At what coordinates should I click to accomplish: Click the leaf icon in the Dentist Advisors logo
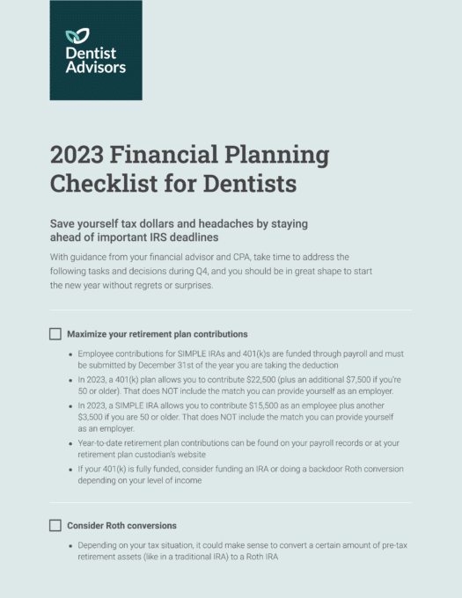coord(77,36)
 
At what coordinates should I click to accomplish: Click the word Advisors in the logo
coord(96,67)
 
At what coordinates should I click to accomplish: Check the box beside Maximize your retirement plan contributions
coord(55,334)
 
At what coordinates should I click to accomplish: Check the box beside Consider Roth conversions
coord(55,526)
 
